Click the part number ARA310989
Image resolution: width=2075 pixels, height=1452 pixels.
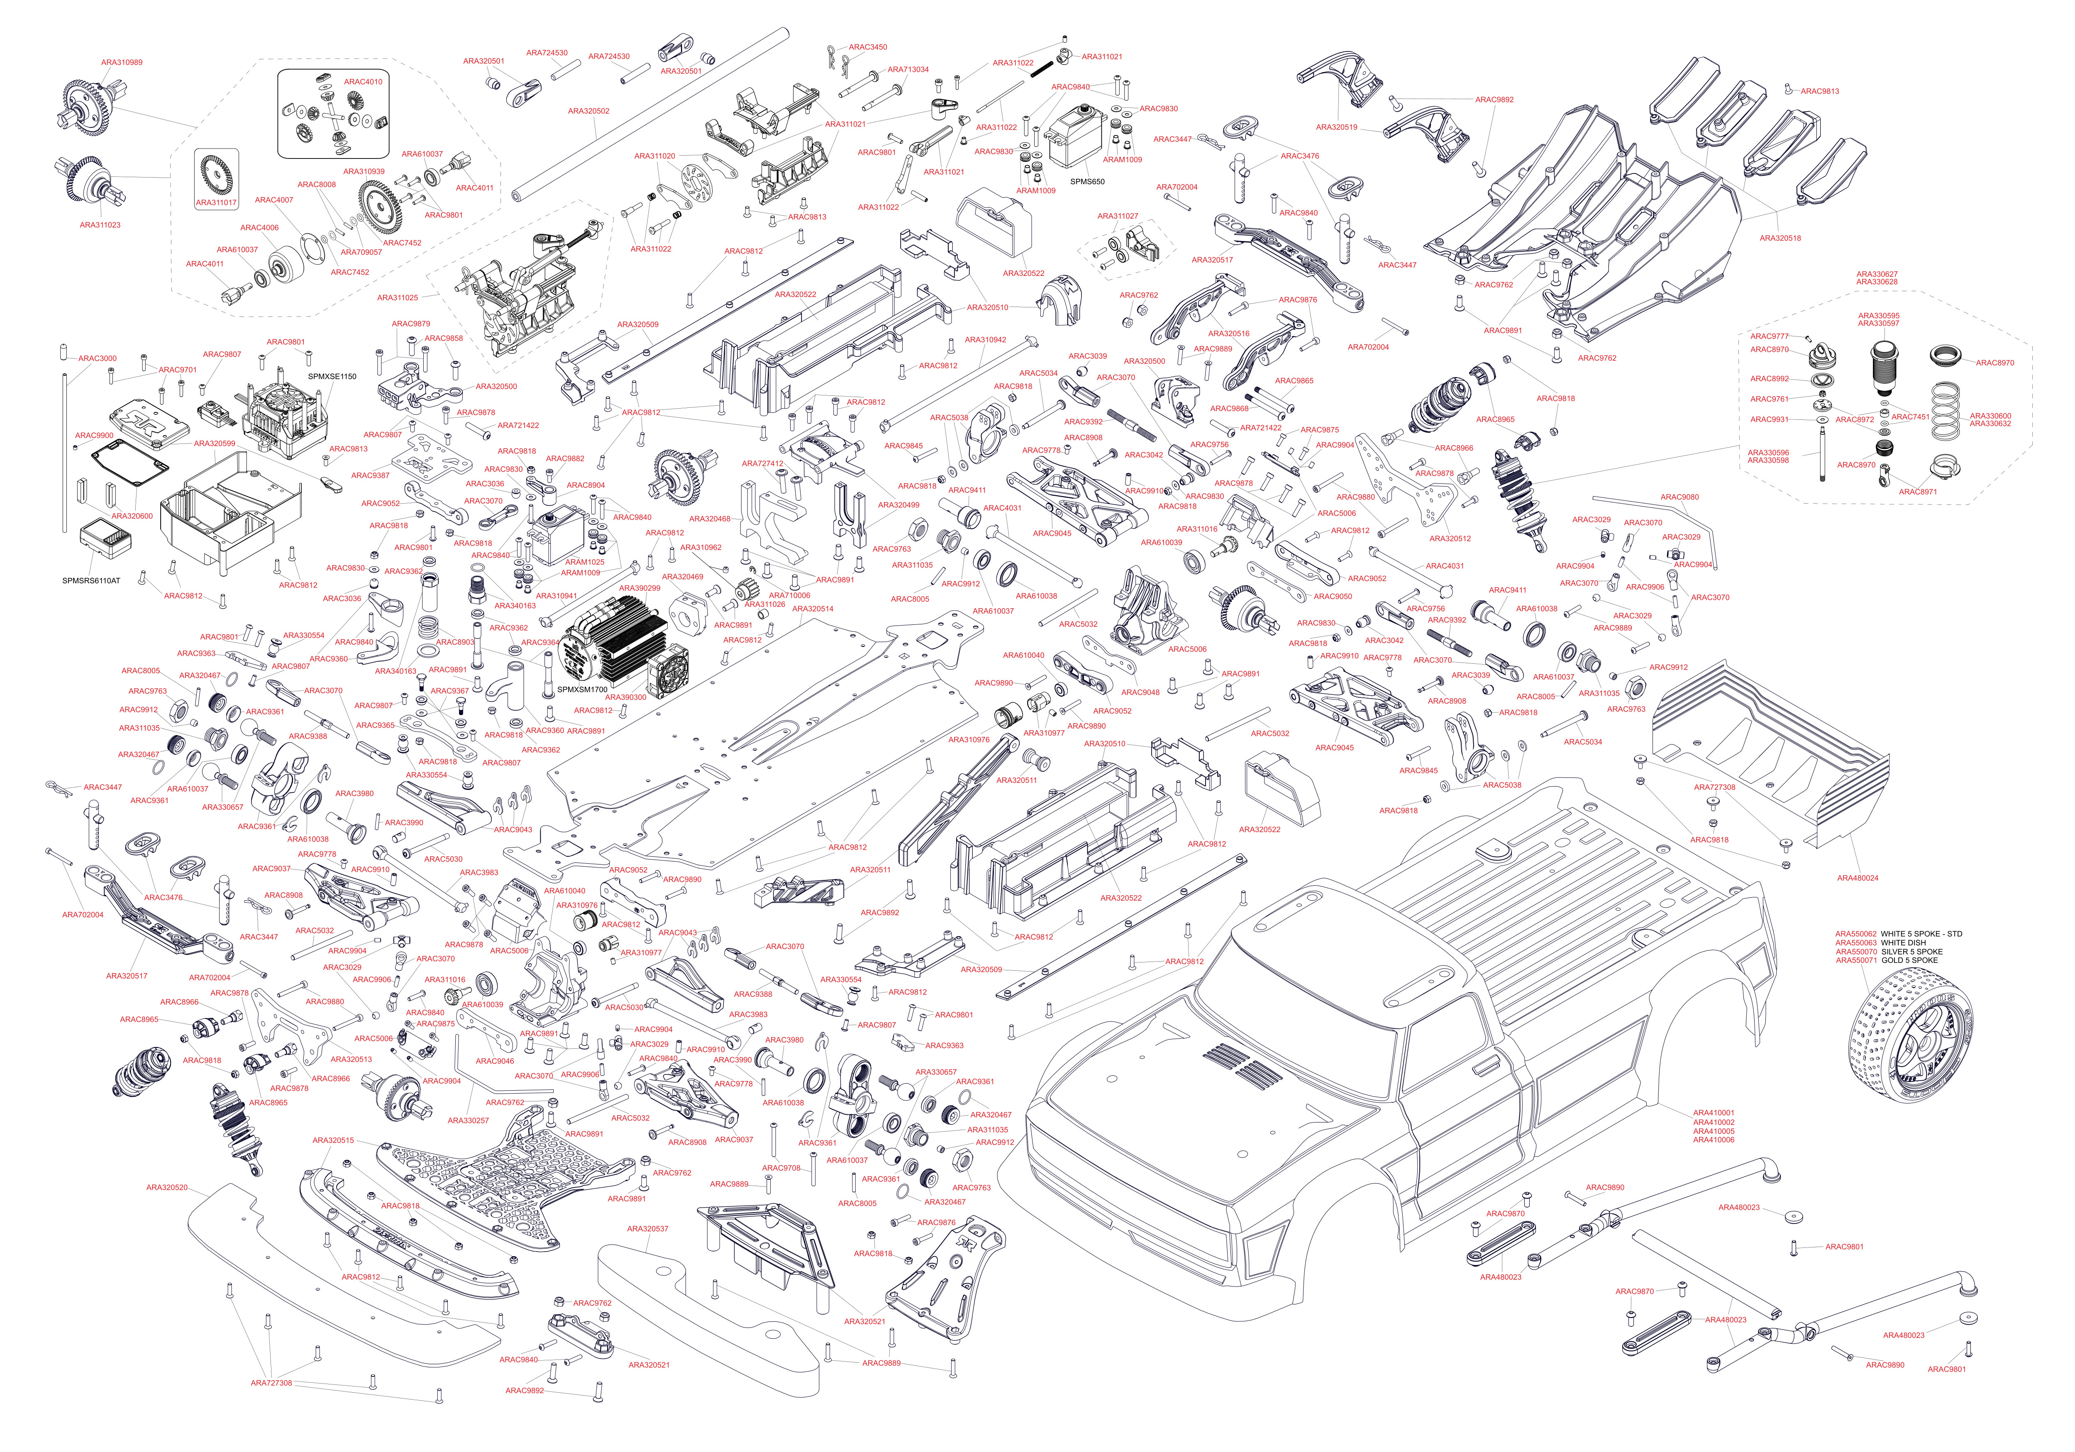121,62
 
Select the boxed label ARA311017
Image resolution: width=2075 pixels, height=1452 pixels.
216,202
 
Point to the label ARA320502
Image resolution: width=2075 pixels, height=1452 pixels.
588,111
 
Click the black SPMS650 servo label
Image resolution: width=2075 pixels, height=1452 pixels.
1087,182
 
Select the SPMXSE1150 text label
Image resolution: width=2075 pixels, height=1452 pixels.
332,377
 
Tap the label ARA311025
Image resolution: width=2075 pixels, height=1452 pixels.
398,297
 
